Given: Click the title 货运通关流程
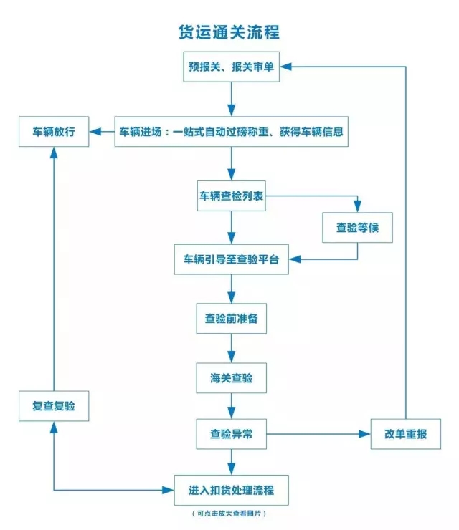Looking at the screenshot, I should point(229,32).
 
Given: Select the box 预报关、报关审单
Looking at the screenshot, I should point(232,67).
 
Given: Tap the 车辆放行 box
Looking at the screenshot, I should point(54,131).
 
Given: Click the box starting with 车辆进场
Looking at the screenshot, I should point(232,131).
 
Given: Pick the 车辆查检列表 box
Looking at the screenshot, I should point(232,196).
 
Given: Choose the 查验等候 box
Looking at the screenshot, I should point(357,228).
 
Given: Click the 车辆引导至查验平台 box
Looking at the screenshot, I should point(232,259).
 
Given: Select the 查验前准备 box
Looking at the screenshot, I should point(232,319).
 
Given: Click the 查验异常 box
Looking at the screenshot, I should point(232,433).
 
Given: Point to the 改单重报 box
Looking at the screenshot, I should point(406,433).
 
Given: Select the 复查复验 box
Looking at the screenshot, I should point(54,406).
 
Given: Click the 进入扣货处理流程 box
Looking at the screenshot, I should point(232,491).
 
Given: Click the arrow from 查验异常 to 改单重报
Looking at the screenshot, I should point(319,433).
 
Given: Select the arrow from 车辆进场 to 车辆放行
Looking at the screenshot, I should point(103,131).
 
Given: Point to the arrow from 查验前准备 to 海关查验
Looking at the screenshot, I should point(232,348).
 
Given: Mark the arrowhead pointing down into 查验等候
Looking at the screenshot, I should point(357,207).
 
